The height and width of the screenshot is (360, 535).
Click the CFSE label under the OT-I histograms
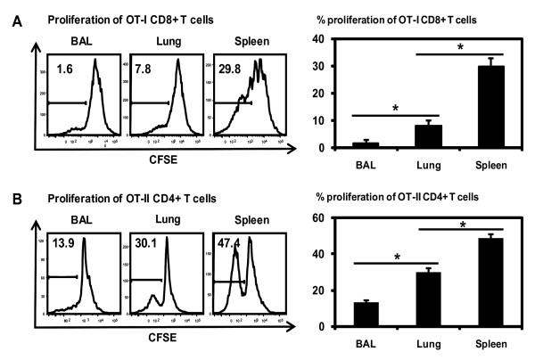[148, 164]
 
